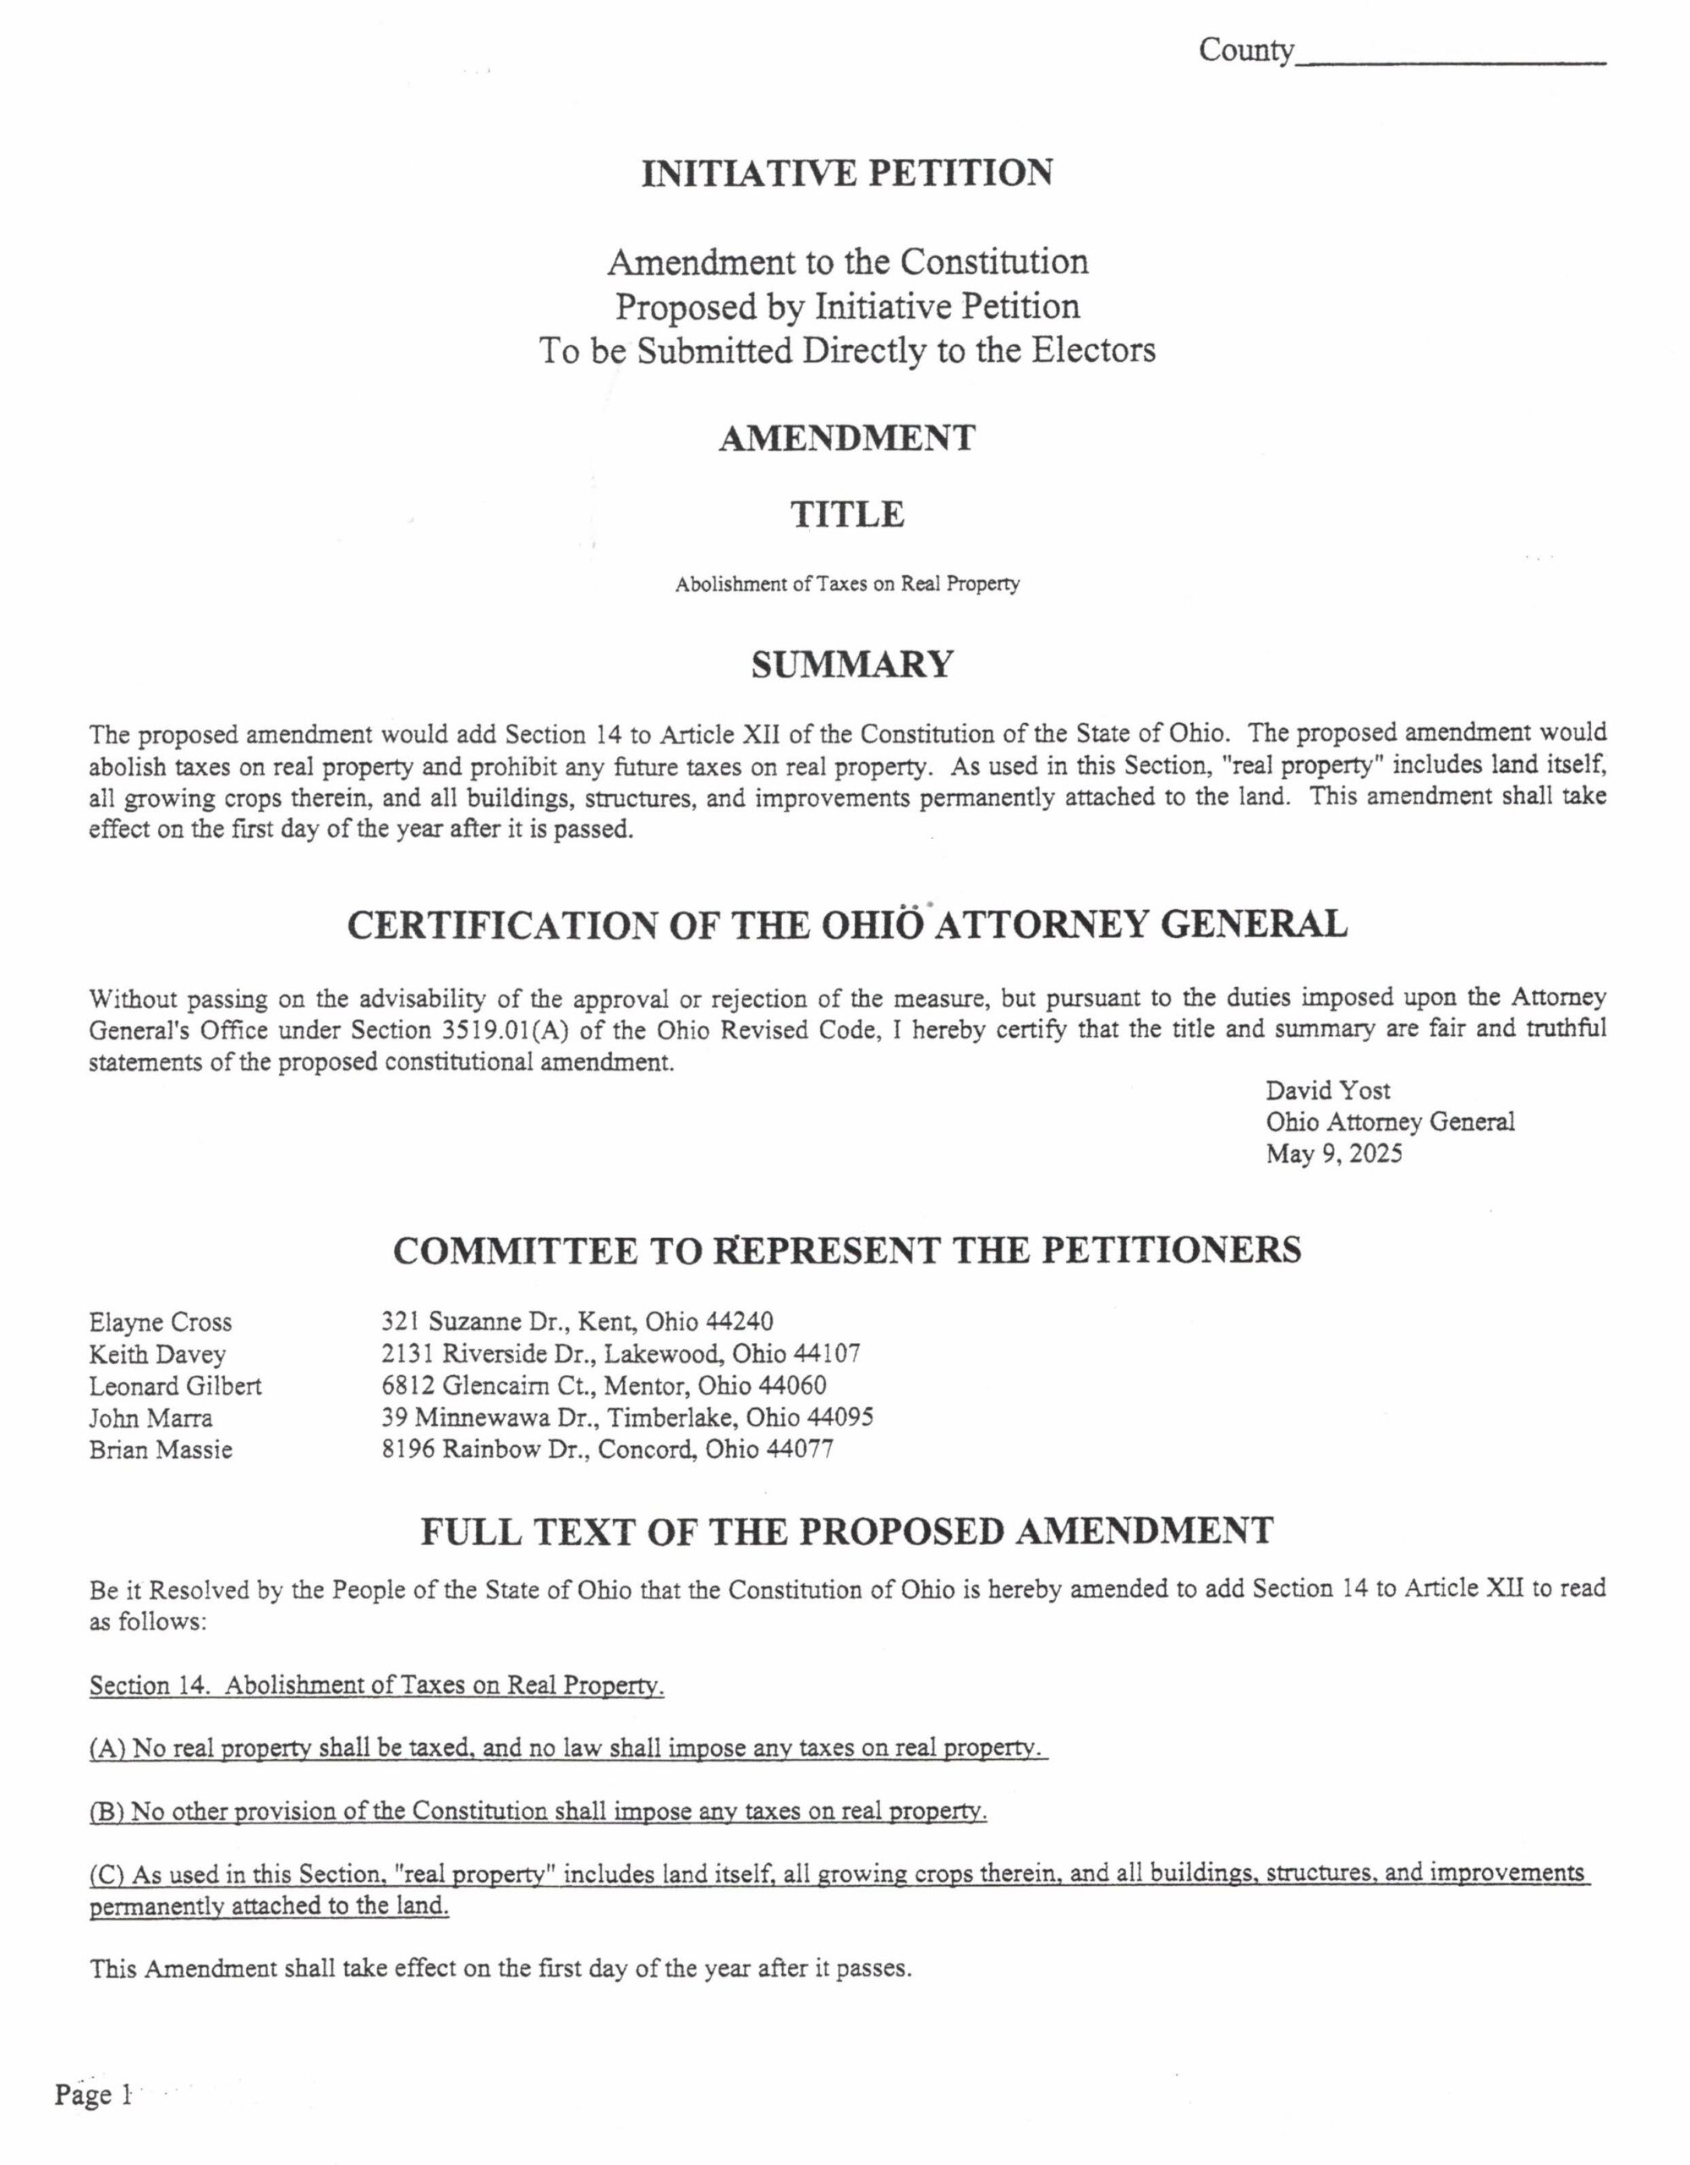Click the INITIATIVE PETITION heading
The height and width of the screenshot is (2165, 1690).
846,173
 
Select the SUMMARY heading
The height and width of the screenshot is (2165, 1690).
851,664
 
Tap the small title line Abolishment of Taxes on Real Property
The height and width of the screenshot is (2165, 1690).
847,585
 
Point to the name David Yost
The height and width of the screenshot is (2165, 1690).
1327,1090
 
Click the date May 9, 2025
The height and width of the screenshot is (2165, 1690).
1333,1154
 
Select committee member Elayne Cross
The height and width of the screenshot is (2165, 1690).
161,1323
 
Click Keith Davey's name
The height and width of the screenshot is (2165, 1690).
157,1354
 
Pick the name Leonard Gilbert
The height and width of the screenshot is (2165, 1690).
176,1386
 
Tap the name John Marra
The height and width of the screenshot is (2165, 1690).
150,1417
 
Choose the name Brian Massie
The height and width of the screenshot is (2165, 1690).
161,1450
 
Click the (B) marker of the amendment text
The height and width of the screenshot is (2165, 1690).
105,1812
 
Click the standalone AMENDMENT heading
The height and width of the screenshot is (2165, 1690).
846,438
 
